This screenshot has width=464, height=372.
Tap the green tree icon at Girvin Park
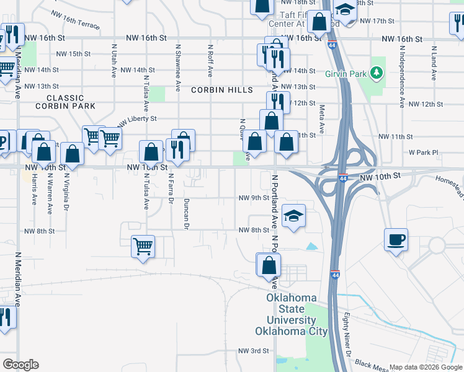point(376,73)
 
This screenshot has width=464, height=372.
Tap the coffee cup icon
point(396,239)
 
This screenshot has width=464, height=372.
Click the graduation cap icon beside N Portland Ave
point(294,215)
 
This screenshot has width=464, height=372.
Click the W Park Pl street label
point(423,152)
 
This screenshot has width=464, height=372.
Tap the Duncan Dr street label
point(185,214)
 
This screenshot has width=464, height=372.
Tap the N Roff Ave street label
point(211,60)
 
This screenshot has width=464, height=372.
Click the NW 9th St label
point(254,198)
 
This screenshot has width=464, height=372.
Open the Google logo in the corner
point(20,365)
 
